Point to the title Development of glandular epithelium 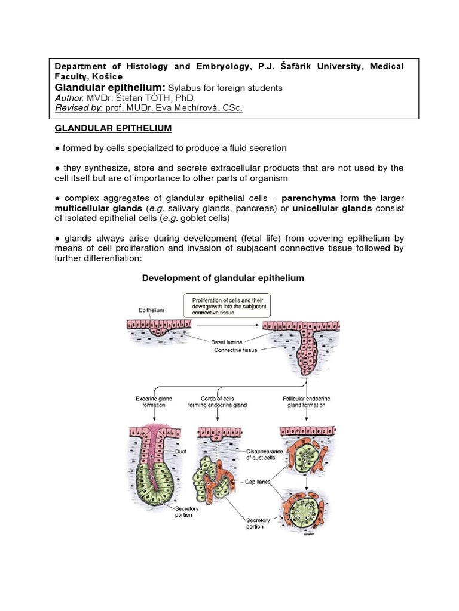click(x=222, y=278)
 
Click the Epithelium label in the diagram click(x=151, y=311)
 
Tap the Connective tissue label click(x=235, y=350)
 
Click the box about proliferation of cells click(x=228, y=305)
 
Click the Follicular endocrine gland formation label click(x=304, y=401)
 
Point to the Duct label click(x=182, y=452)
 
